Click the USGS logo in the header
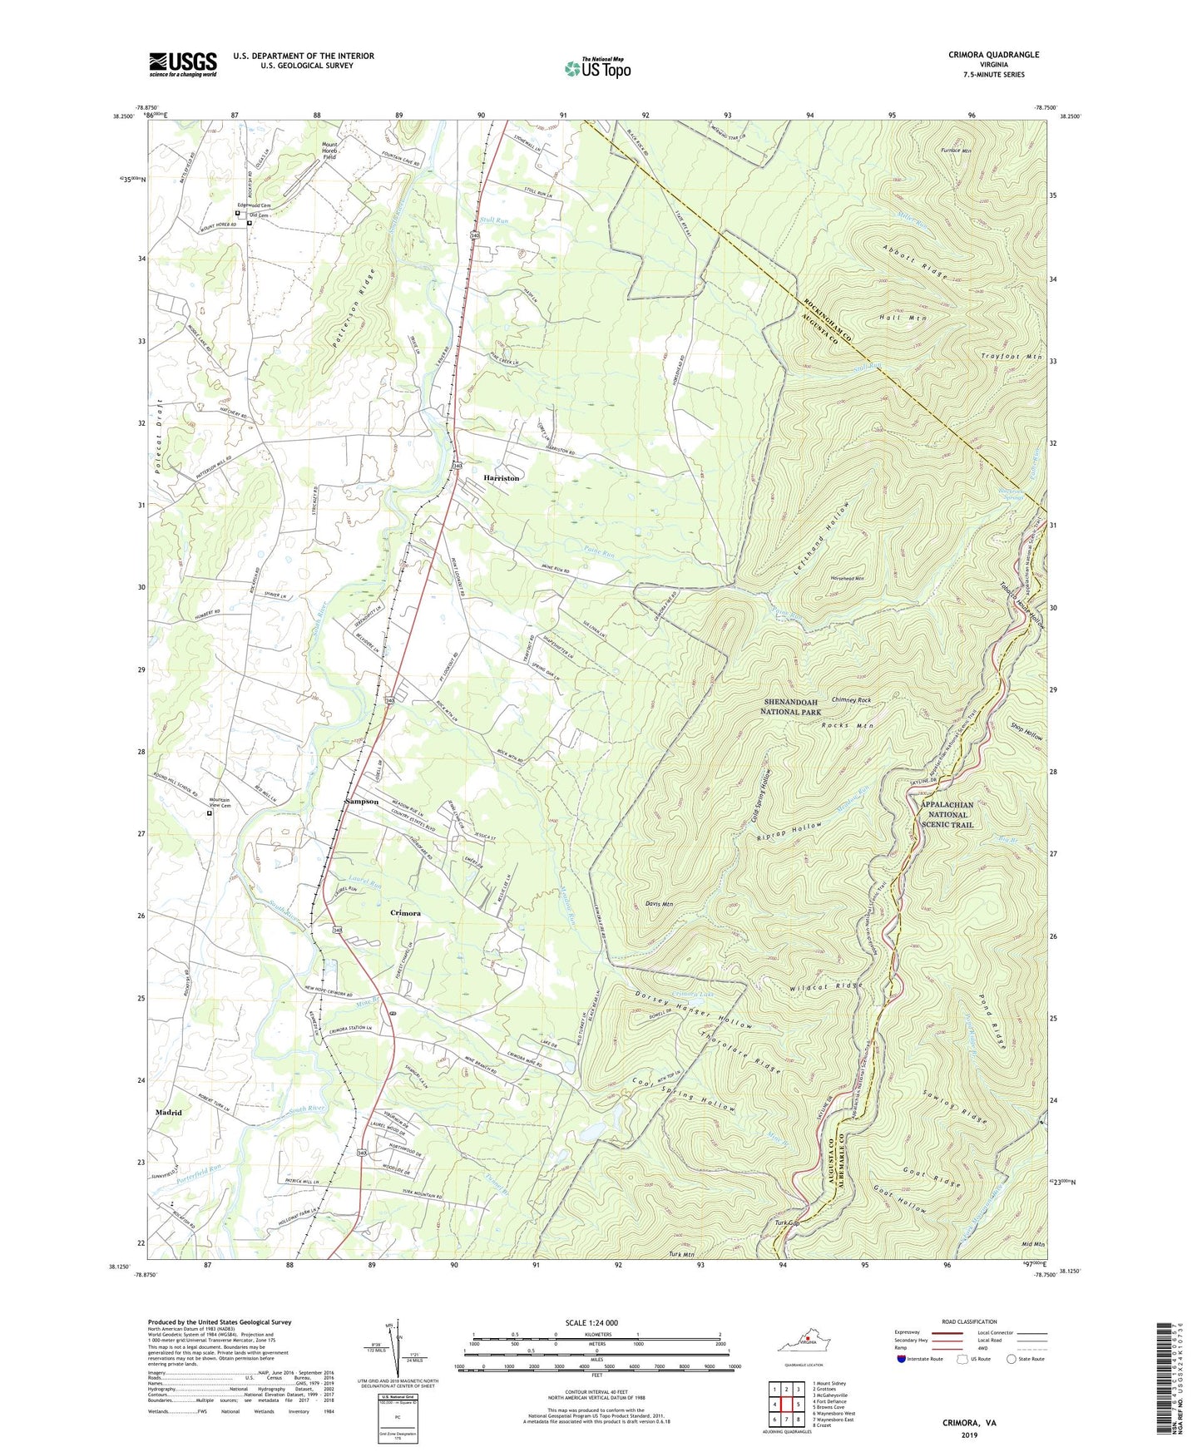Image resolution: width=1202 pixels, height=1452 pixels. click(182, 64)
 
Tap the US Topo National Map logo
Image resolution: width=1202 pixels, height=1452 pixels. click(596, 67)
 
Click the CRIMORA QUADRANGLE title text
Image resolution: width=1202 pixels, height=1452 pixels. click(993, 55)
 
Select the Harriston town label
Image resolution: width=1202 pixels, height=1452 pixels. click(501, 478)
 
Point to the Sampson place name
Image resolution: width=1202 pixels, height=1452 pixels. click(362, 802)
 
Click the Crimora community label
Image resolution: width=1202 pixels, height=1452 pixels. click(405, 913)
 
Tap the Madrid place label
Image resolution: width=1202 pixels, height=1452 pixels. click(168, 1112)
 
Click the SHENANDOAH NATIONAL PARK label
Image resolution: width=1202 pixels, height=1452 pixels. click(792, 707)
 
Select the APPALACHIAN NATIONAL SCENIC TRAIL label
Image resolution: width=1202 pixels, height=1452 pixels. click(947, 815)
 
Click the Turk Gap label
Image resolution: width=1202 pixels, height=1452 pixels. click(786, 1223)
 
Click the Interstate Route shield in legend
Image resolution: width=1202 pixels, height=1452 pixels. click(901, 1359)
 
